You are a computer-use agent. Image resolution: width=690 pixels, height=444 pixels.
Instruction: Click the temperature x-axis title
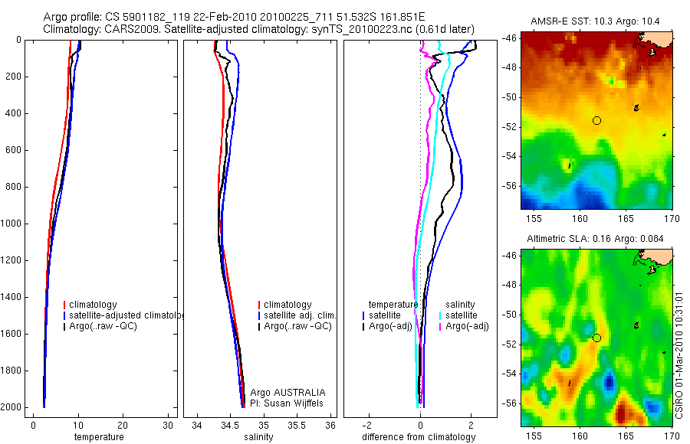coord(98,437)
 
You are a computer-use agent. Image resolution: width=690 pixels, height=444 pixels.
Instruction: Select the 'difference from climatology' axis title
coord(419,437)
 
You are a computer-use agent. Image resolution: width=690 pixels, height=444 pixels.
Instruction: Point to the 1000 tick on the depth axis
coord(13,224)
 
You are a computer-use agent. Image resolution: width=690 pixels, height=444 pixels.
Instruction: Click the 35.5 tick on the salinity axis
coord(297,425)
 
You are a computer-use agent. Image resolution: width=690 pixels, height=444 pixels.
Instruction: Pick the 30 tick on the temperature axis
coord(169,425)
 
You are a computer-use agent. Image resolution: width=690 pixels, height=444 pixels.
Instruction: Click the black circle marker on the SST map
coord(597,120)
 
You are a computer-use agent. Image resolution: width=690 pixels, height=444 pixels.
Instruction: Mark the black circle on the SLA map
coord(596,338)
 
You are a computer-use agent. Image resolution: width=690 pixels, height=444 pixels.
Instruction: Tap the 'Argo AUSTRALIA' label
coord(288,392)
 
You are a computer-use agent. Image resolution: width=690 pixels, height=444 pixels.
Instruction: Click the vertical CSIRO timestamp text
coord(682,355)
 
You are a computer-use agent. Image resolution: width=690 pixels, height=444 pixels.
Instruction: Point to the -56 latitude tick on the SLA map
coord(509,403)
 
